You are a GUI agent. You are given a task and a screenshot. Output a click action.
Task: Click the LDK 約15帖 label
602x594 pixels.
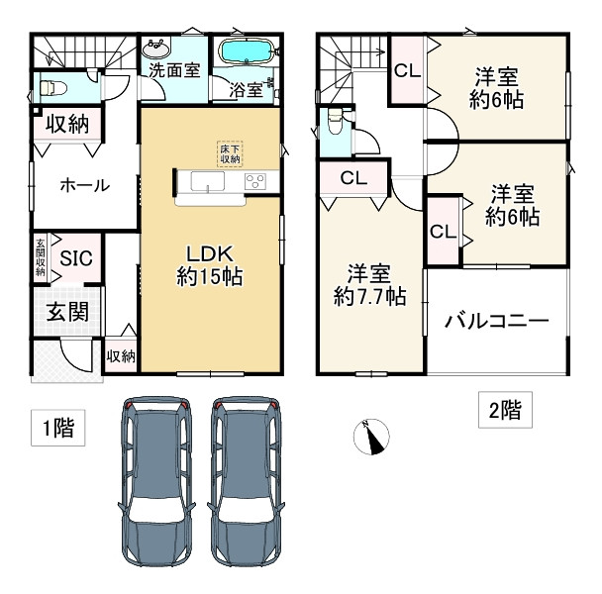pos(210,265)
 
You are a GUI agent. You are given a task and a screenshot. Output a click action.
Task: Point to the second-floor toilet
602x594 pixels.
pos(334,123)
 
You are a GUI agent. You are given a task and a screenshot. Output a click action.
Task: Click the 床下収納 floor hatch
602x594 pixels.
pos(230,153)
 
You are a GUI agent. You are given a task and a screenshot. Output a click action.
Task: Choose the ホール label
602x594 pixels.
pos(84,185)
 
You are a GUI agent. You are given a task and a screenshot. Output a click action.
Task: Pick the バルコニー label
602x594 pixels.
pos(496,321)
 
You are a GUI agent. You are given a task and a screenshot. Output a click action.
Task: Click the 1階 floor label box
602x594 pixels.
pos(55,430)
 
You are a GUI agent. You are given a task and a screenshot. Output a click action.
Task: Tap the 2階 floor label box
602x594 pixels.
pos(505,408)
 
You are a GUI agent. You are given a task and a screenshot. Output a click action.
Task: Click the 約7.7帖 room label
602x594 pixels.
pos(369,283)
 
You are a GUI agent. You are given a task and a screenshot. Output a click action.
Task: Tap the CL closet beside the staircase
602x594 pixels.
pos(404,70)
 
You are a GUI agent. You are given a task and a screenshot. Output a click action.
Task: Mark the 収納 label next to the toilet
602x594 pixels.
pos(67,124)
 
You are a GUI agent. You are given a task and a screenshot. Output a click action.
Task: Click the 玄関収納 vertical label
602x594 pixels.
pos(41,256)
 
